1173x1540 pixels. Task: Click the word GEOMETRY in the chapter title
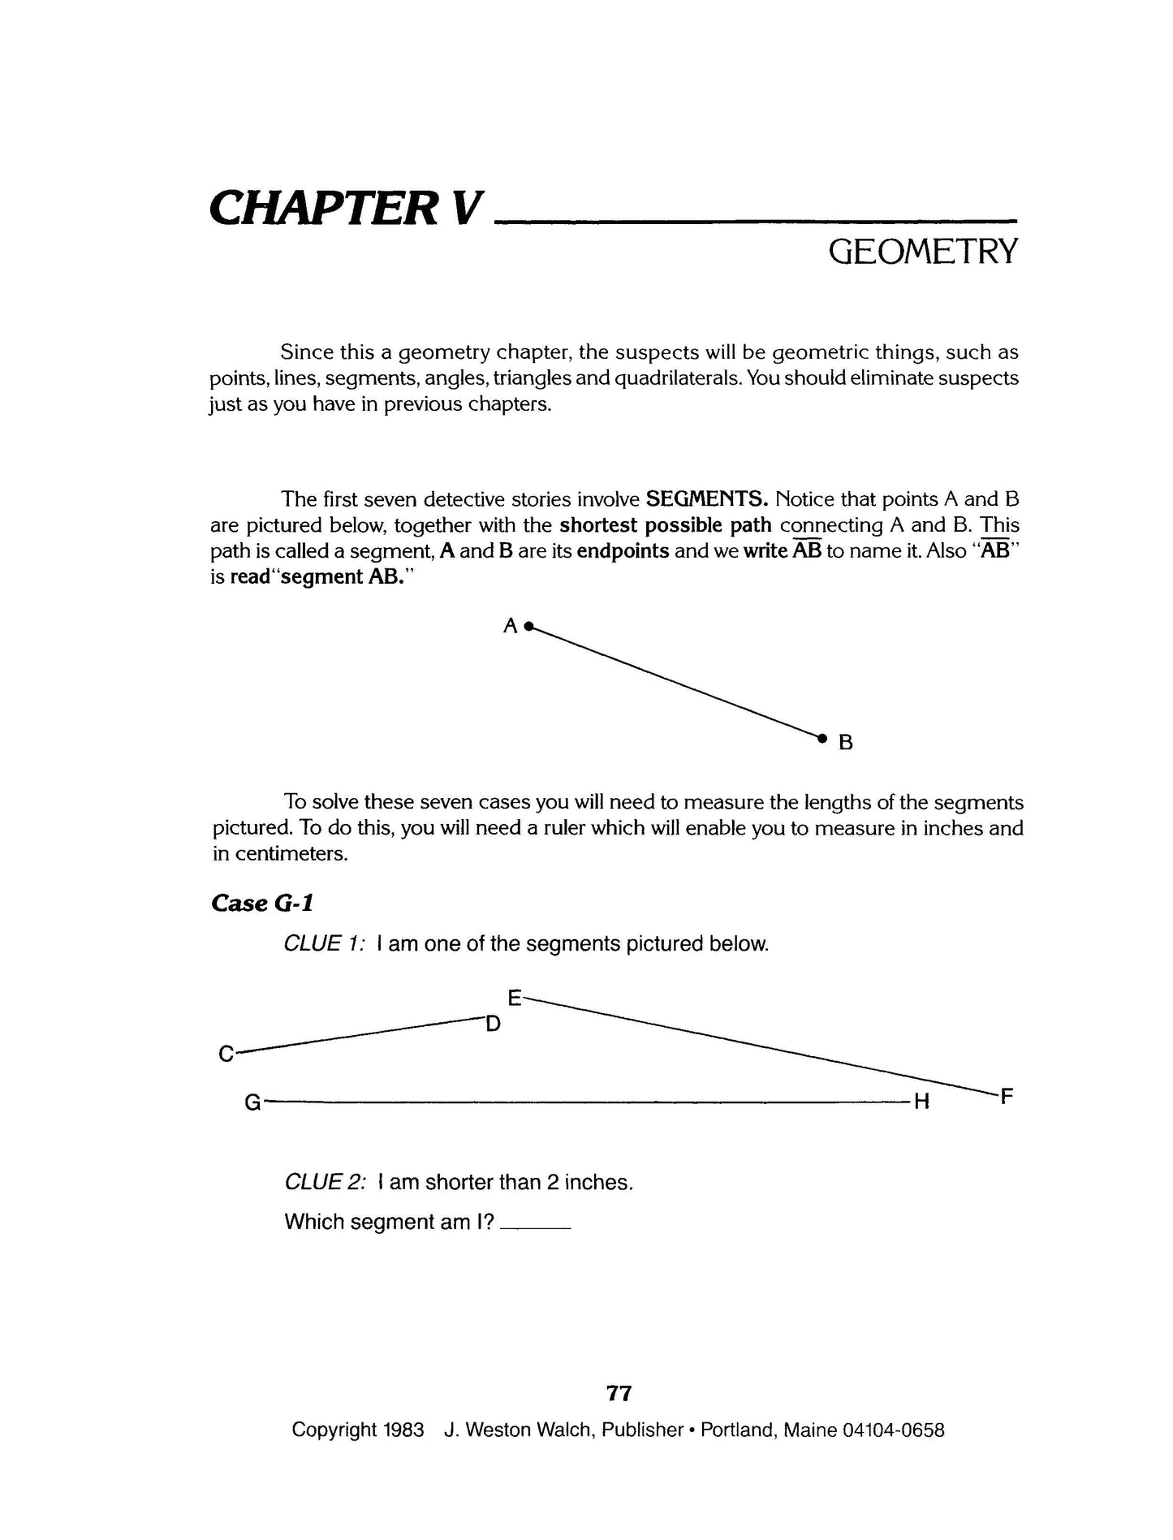(x=921, y=252)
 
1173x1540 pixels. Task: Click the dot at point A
(x=528, y=626)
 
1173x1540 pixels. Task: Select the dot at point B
(x=822, y=738)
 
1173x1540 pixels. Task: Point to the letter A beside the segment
(x=511, y=626)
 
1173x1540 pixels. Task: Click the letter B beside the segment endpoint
(x=845, y=742)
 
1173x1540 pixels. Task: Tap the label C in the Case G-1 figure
(x=226, y=1055)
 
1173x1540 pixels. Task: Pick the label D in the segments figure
(x=493, y=1025)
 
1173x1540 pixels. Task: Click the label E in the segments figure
(x=514, y=996)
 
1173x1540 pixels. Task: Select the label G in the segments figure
(x=252, y=1102)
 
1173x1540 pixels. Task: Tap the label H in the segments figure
(x=921, y=1102)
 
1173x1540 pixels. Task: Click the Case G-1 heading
(x=262, y=903)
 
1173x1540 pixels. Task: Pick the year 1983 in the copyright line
(x=403, y=1453)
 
